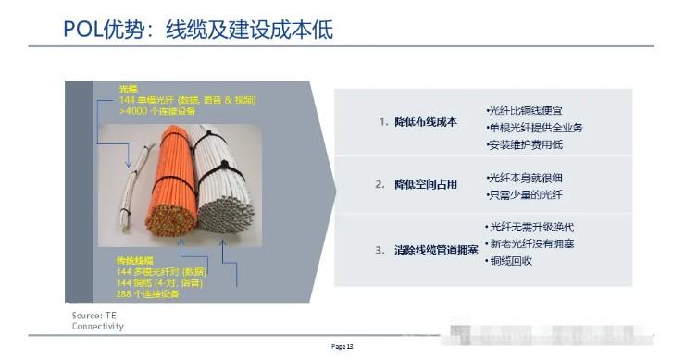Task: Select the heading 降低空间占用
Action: (x=425, y=184)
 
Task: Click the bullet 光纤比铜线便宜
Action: (x=523, y=110)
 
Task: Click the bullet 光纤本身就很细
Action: (x=523, y=177)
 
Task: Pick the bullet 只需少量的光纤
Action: (x=523, y=194)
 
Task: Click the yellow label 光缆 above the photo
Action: (x=128, y=89)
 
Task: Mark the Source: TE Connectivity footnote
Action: (x=96, y=321)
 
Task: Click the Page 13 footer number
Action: (x=343, y=346)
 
